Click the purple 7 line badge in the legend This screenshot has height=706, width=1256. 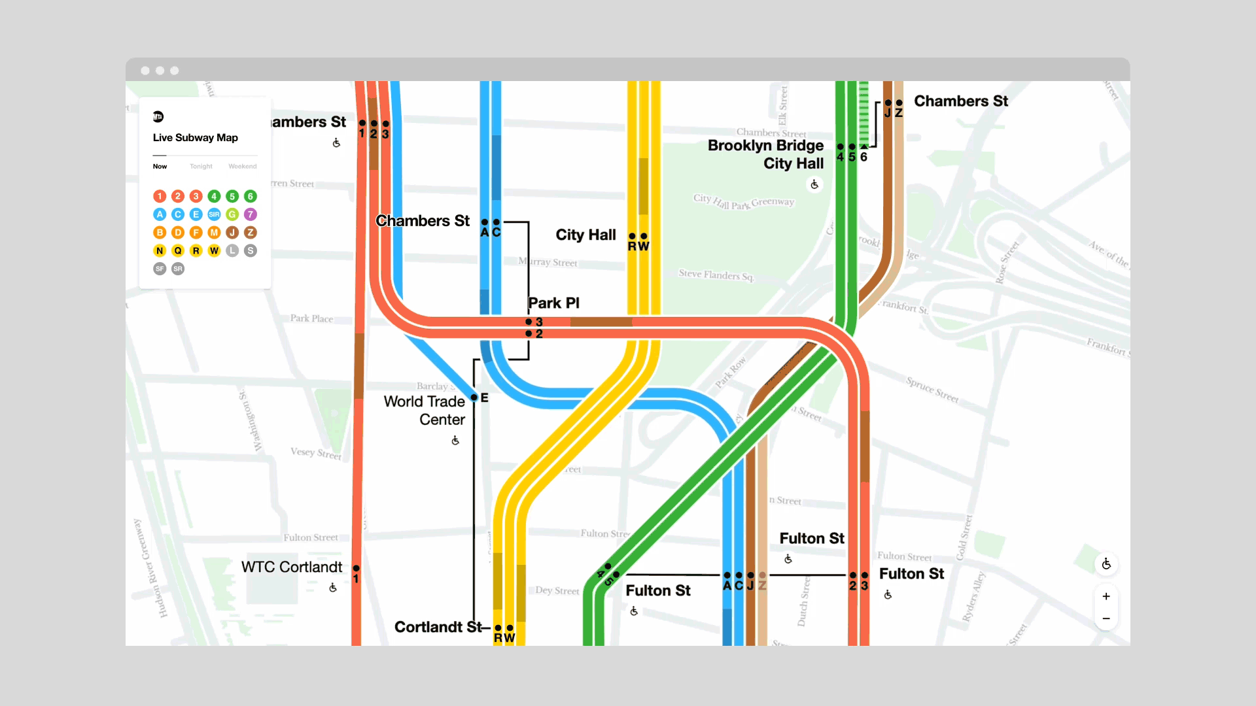250,214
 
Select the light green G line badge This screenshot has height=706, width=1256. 232,214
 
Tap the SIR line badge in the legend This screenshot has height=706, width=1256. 214,214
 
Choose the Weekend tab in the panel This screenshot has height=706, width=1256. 242,166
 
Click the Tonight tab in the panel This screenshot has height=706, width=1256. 201,166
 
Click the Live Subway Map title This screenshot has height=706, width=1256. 195,137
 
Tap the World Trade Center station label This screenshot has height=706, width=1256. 425,410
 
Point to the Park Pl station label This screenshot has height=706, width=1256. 553,303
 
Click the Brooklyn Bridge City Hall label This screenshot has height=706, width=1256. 765,154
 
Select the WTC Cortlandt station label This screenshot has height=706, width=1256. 292,567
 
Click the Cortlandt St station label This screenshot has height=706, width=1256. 438,627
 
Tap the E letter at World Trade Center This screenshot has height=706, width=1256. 485,397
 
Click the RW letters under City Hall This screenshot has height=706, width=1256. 638,246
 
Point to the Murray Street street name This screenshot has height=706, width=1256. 548,262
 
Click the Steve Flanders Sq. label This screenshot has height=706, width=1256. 716,275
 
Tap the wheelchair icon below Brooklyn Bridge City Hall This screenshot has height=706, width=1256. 814,185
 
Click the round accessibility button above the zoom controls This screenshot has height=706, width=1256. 1106,564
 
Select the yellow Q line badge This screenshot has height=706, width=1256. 178,250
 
